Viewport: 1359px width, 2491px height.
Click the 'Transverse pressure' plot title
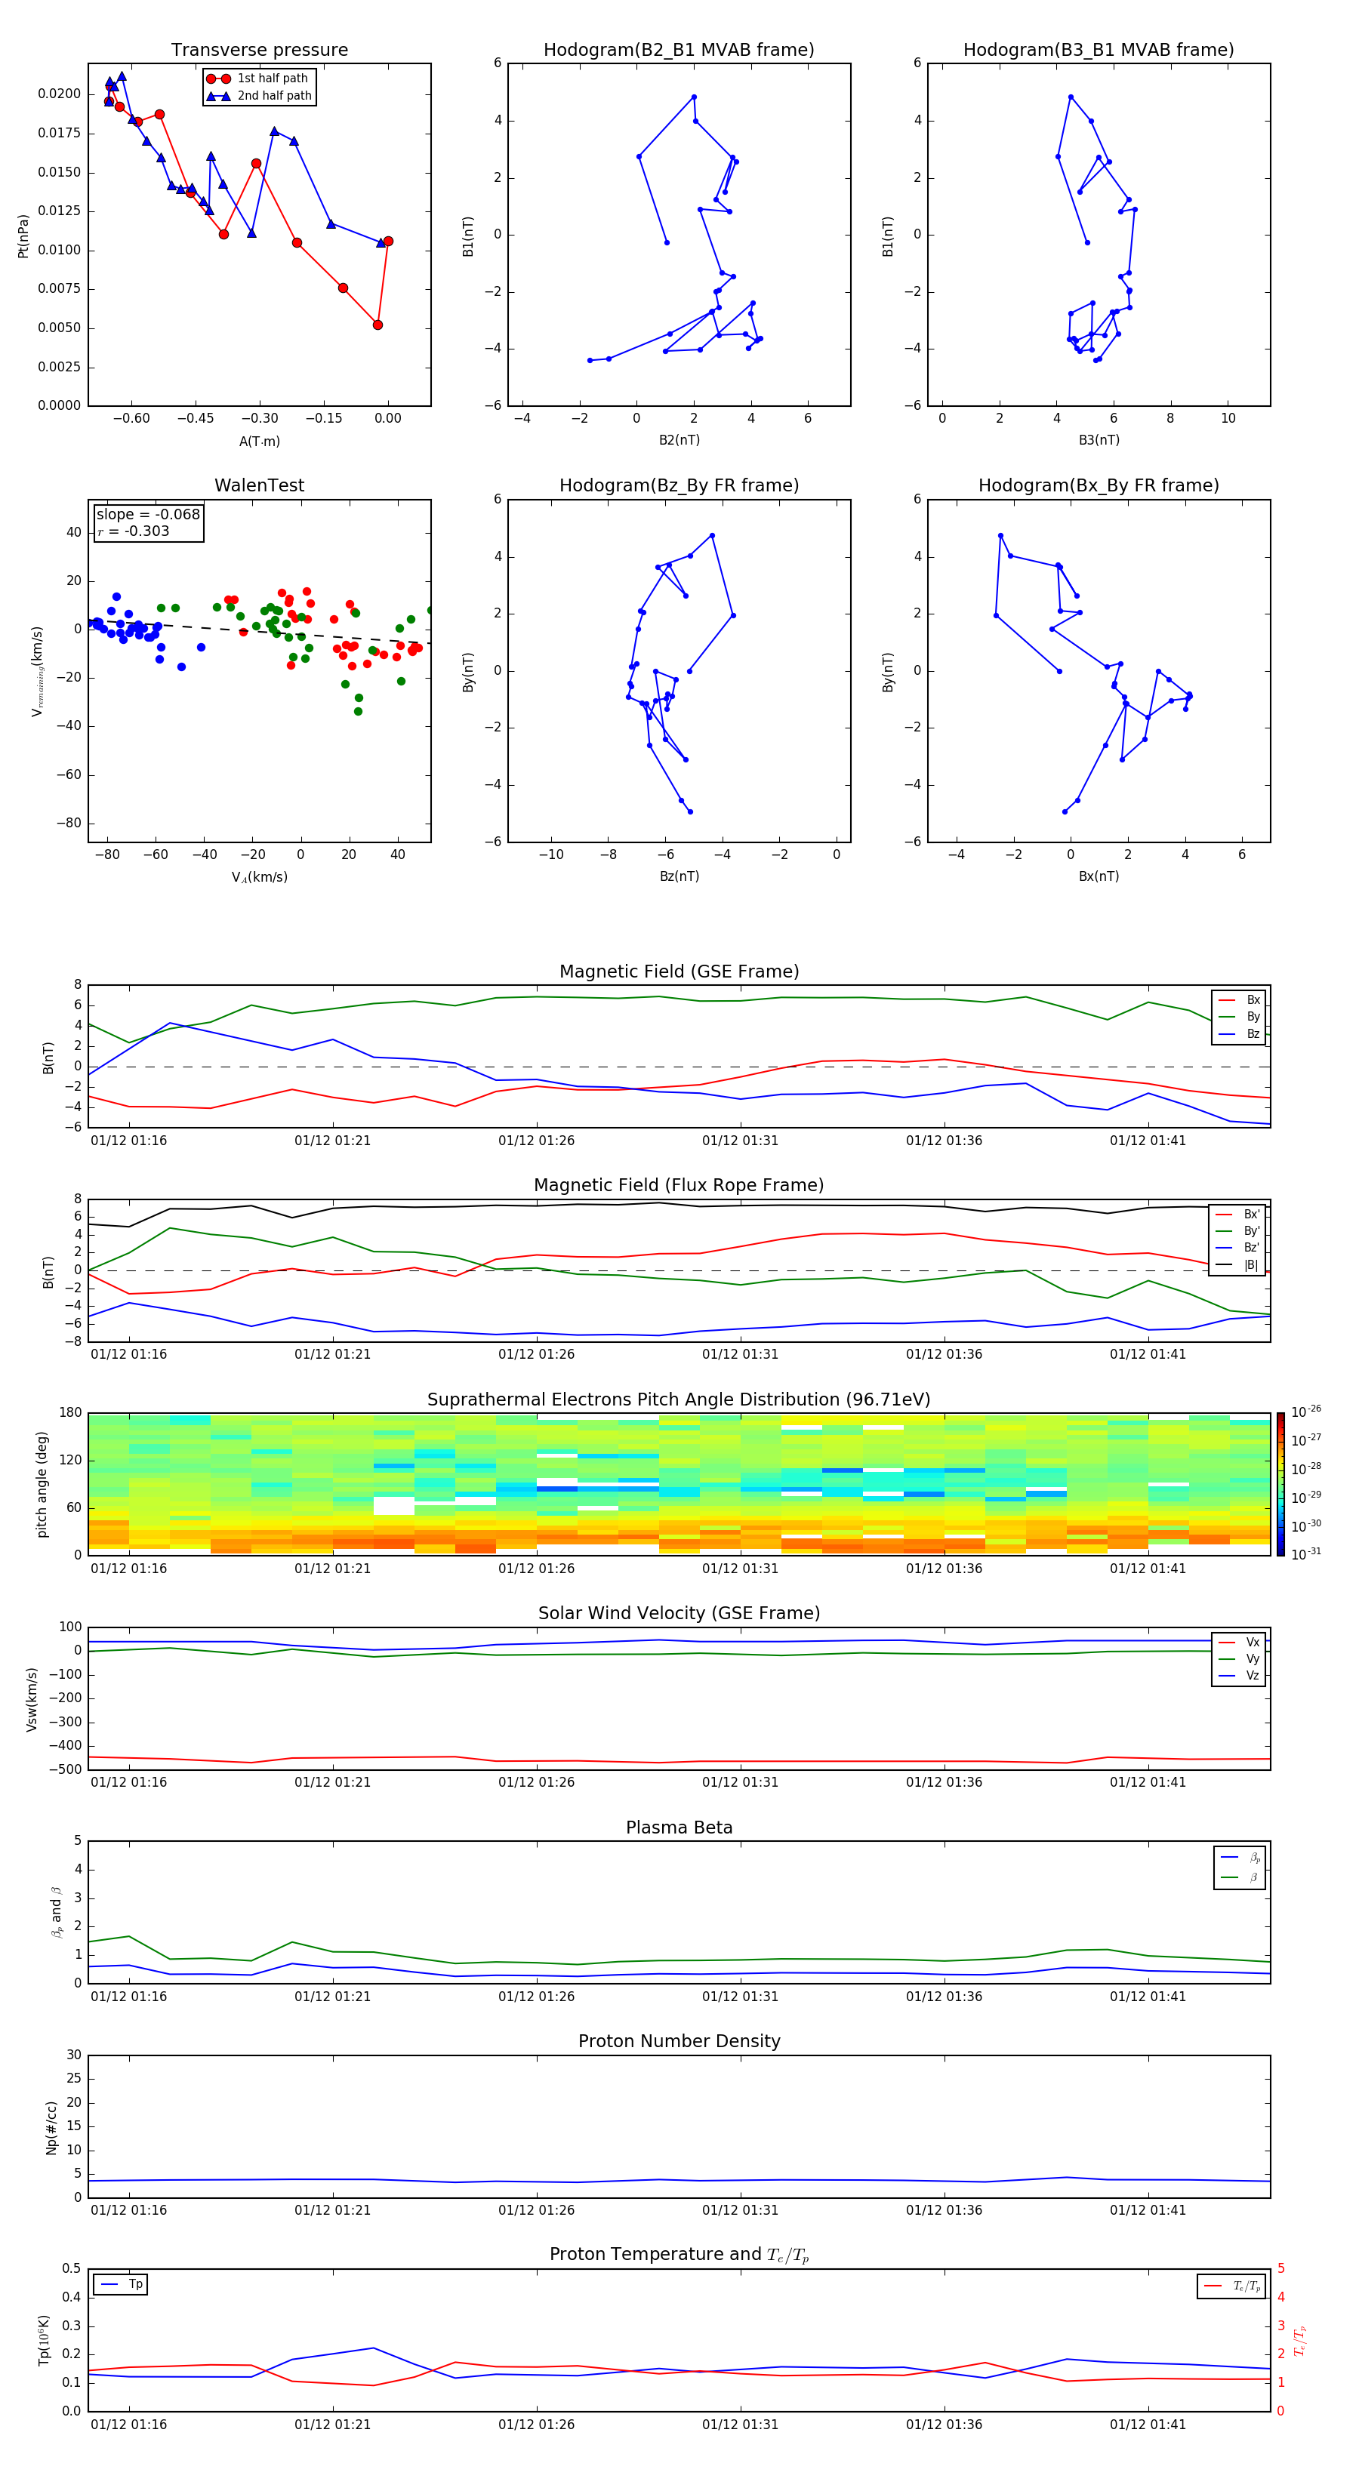(x=259, y=51)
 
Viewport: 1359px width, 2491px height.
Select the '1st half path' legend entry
(x=272, y=79)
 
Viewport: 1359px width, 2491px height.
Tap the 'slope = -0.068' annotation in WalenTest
(x=148, y=515)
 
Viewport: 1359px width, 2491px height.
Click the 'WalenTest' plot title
(x=259, y=485)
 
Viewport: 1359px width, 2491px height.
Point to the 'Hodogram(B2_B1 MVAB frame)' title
(x=678, y=51)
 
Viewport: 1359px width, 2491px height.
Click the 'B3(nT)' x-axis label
(x=1099, y=440)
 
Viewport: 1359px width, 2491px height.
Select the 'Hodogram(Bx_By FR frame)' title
(x=1098, y=485)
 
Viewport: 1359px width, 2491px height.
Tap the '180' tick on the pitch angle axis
(x=71, y=1413)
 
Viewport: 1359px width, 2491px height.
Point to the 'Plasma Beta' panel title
(x=679, y=1827)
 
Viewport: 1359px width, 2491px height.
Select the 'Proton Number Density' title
(x=679, y=2041)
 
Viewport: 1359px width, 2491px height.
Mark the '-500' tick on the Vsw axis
(x=68, y=1769)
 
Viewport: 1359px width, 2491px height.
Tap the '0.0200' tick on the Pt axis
(x=59, y=94)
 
